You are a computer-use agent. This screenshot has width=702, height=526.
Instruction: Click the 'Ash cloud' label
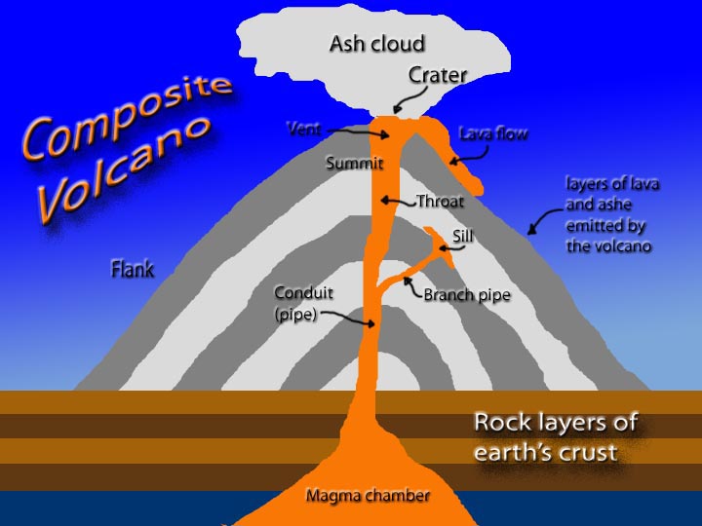tap(376, 43)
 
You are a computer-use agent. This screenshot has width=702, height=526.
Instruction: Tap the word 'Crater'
tap(439, 74)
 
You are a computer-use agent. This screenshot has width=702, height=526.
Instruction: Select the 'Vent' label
tap(304, 128)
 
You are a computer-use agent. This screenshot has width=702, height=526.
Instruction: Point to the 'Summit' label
tap(353, 164)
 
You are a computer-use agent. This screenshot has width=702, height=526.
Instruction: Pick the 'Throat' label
tap(440, 202)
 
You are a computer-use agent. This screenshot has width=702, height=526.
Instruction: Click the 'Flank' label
tap(133, 268)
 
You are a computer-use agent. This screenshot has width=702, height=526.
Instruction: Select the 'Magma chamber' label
tap(368, 496)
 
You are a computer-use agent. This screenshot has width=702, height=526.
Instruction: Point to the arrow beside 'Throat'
tap(399, 202)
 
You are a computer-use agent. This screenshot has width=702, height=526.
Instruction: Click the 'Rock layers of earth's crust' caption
tap(556, 436)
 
